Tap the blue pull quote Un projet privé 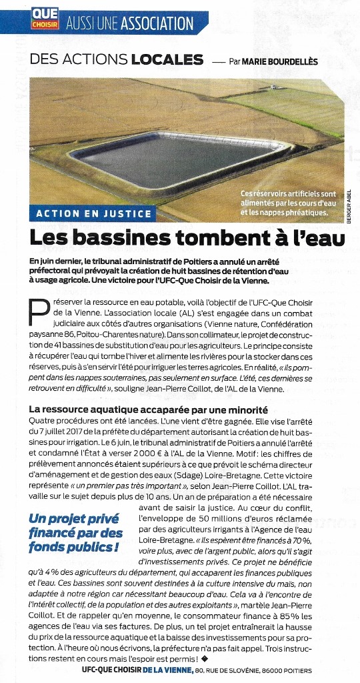75,532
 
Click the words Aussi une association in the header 130,23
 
